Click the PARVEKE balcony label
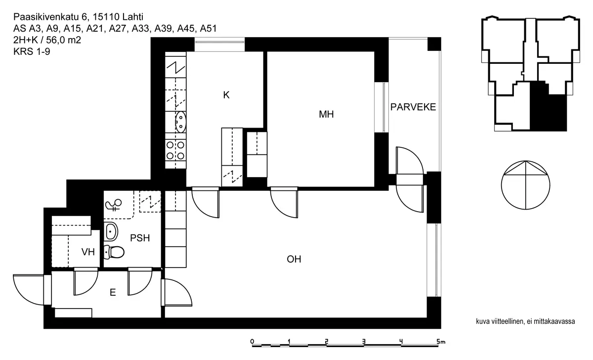(x=413, y=107)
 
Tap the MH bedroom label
(x=326, y=115)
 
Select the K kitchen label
(x=226, y=95)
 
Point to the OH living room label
(x=294, y=259)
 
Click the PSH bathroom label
(x=140, y=238)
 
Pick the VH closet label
(x=88, y=252)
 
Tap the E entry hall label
(x=113, y=293)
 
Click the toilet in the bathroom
(x=115, y=252)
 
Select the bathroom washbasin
(x=111, y=231)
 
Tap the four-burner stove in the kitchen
(x=176, y=150)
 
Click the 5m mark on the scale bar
(x=440, y=341)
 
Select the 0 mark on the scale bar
(x=252, y=341)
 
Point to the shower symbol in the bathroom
(x=114, y=204)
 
